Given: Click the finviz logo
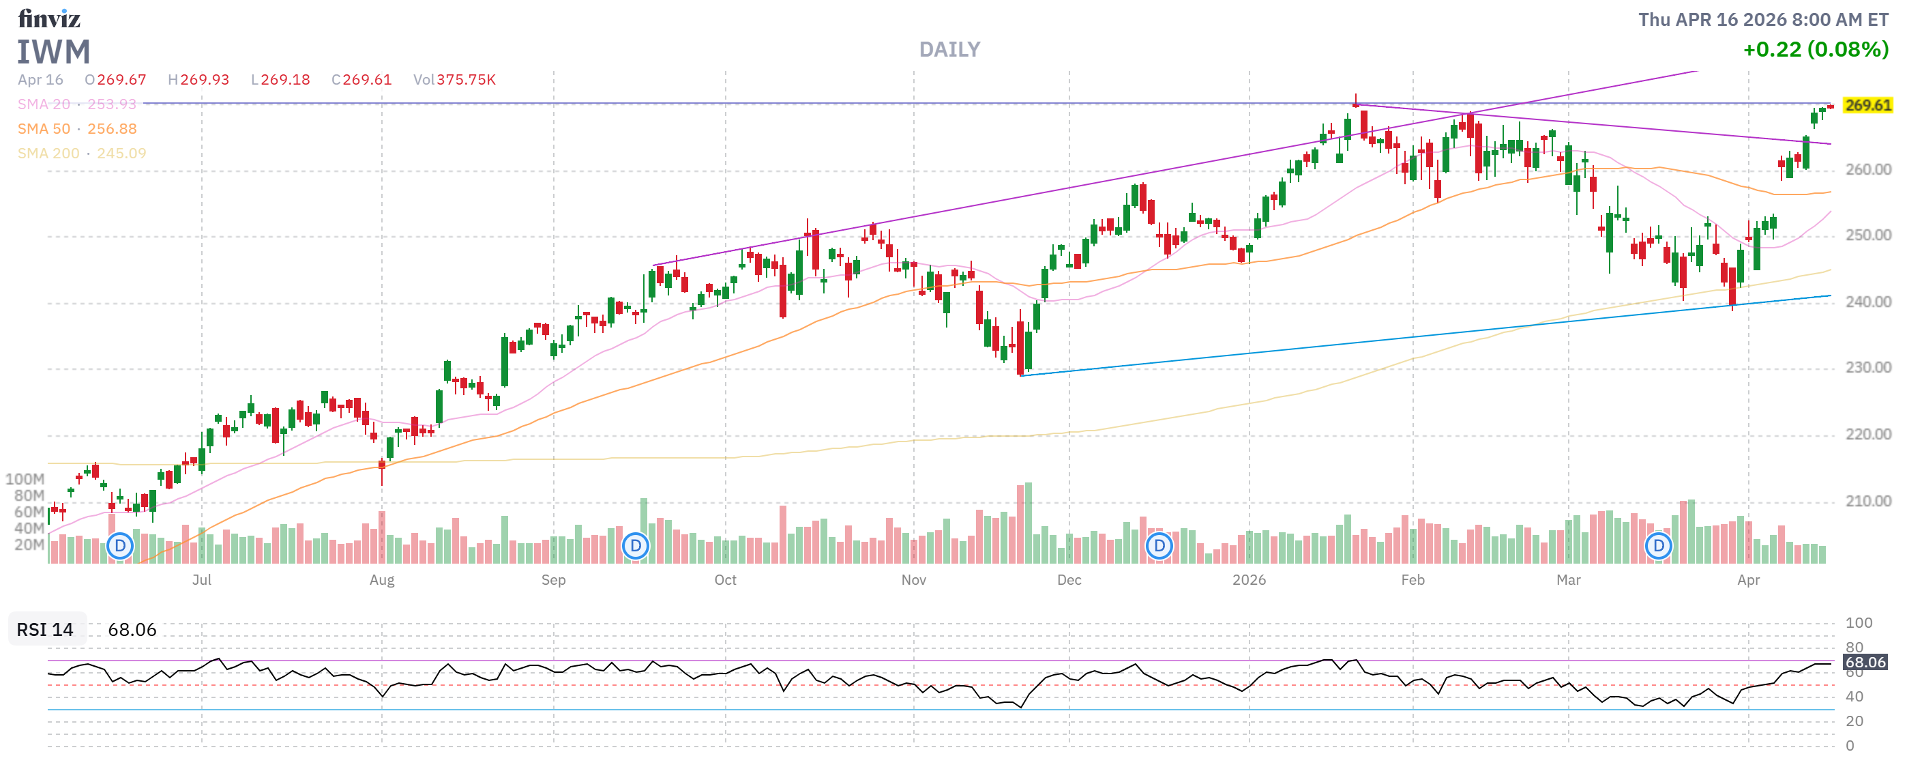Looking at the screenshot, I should point(49,18).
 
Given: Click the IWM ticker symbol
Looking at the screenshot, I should point(53,52).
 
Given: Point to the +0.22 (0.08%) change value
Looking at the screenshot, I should point(1814,50).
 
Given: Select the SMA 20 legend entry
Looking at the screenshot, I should point(76,104).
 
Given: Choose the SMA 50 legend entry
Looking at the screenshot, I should point(76,129).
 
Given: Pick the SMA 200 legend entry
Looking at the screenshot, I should point(81,154).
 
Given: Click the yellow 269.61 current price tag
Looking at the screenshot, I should point(1867,105).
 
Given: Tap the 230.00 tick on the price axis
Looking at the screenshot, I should point(1867,368).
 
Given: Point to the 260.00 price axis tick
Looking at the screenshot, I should point(1867,169).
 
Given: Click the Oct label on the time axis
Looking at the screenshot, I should point(725,580).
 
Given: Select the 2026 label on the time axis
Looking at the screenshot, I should point(1248,580).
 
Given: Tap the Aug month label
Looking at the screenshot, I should point(381,580).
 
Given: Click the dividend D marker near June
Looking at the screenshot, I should point(119,547).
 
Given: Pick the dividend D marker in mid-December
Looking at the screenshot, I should point(1159,547).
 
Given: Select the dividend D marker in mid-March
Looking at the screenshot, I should point(1658,547).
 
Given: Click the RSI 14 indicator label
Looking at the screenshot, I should point(45,629).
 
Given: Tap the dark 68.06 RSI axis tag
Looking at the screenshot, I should point(1865,662).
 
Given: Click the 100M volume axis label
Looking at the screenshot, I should point(25,479).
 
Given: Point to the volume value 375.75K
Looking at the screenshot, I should point(466,80).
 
